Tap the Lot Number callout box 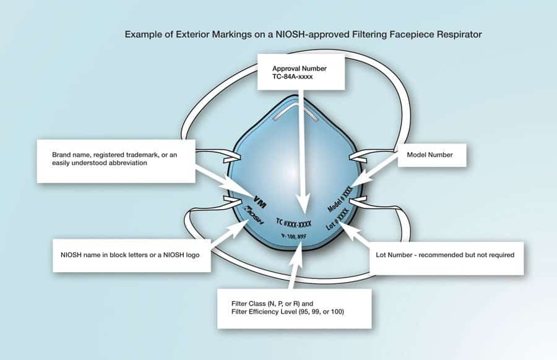(445, 254)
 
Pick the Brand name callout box (116, 161)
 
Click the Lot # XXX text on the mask (338, 219)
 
